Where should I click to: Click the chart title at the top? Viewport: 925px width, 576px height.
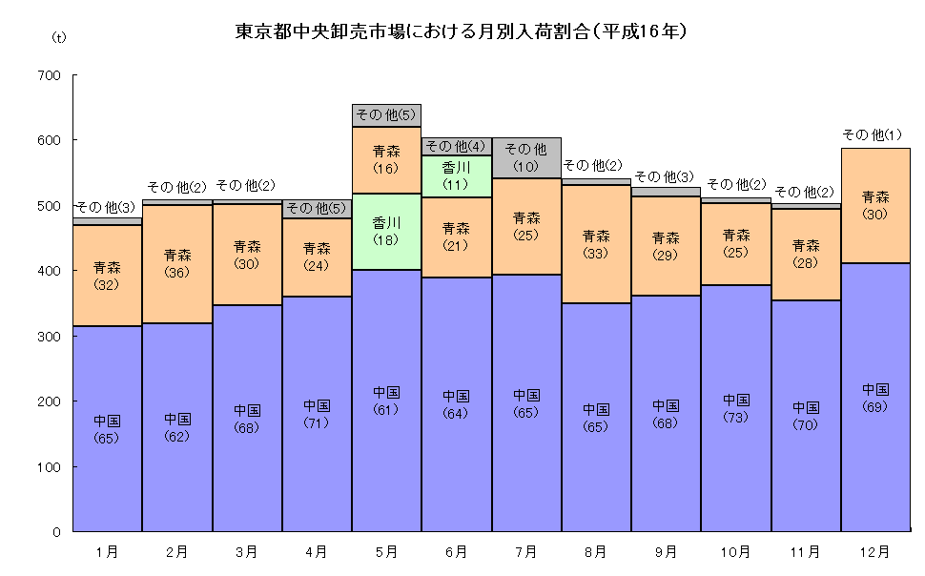[x=462, y=31]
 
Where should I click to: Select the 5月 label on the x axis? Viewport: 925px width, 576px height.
[x=386, y=552]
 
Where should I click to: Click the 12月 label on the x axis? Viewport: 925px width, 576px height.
[x=874, y=552]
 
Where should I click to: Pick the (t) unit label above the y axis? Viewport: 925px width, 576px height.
[x=58, y=37]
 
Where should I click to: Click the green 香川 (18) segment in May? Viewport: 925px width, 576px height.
[x=386, y=231]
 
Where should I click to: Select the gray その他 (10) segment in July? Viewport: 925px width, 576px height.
[x=525, y=157]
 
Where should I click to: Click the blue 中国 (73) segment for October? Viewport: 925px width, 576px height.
[x=735, y=408]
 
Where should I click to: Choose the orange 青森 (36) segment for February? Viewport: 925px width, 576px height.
[x=176, y=263]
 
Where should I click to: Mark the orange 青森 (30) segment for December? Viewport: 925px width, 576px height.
[x=874, y=205]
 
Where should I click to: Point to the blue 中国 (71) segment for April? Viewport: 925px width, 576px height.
[x=317, y=414]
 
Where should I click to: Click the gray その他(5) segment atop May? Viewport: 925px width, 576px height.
[x=386, y=115]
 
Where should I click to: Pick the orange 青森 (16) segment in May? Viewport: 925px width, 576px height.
[x=386, y=159]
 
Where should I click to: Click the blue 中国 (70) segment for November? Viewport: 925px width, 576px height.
[x=805, y=416]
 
